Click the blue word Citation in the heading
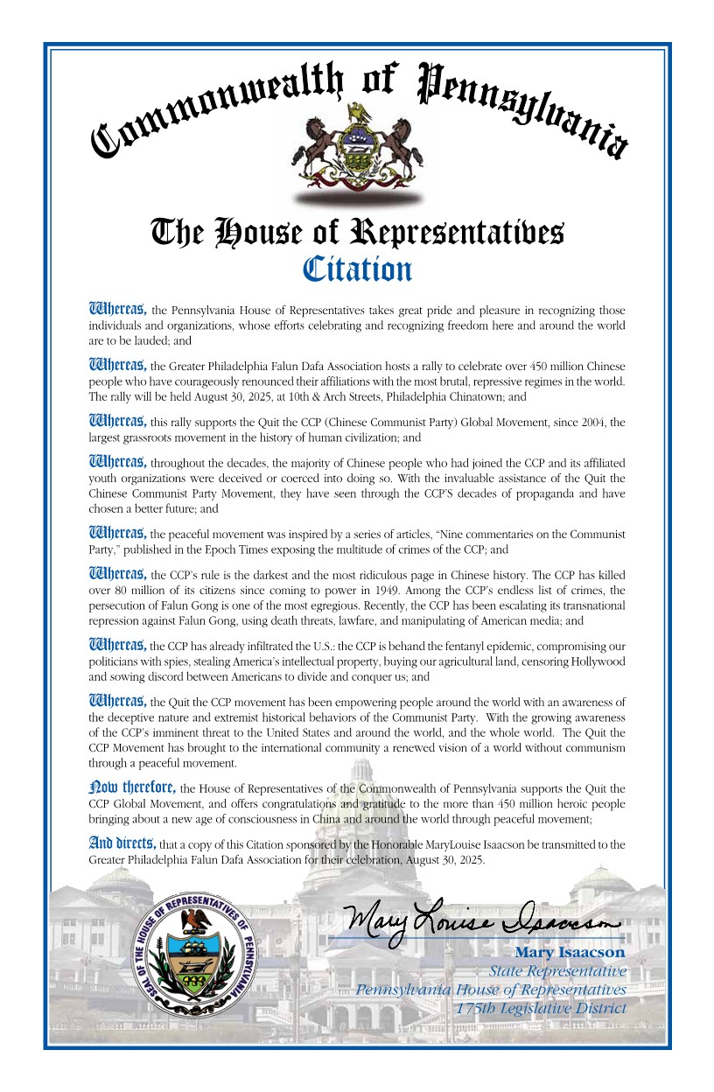click(x=357, y=269)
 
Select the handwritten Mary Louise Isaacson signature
click(x=482, y=919)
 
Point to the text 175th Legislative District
click(x=542, y=1009)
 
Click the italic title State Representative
click(x=557, y=971)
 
